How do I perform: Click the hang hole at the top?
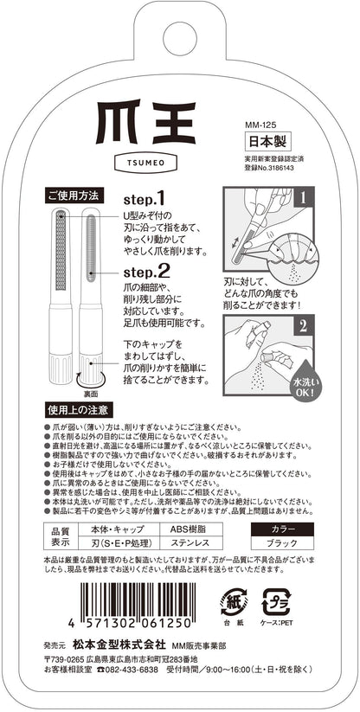coord(180,39)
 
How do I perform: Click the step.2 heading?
coord(146,271)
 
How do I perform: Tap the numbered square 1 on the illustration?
coord(304,197)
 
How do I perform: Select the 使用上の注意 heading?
coord(78,410)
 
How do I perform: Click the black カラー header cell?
coord(282,529)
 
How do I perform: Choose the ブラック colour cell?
coord(282,542)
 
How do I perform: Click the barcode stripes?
coord(136,600)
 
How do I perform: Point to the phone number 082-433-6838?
coord(132,670)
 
